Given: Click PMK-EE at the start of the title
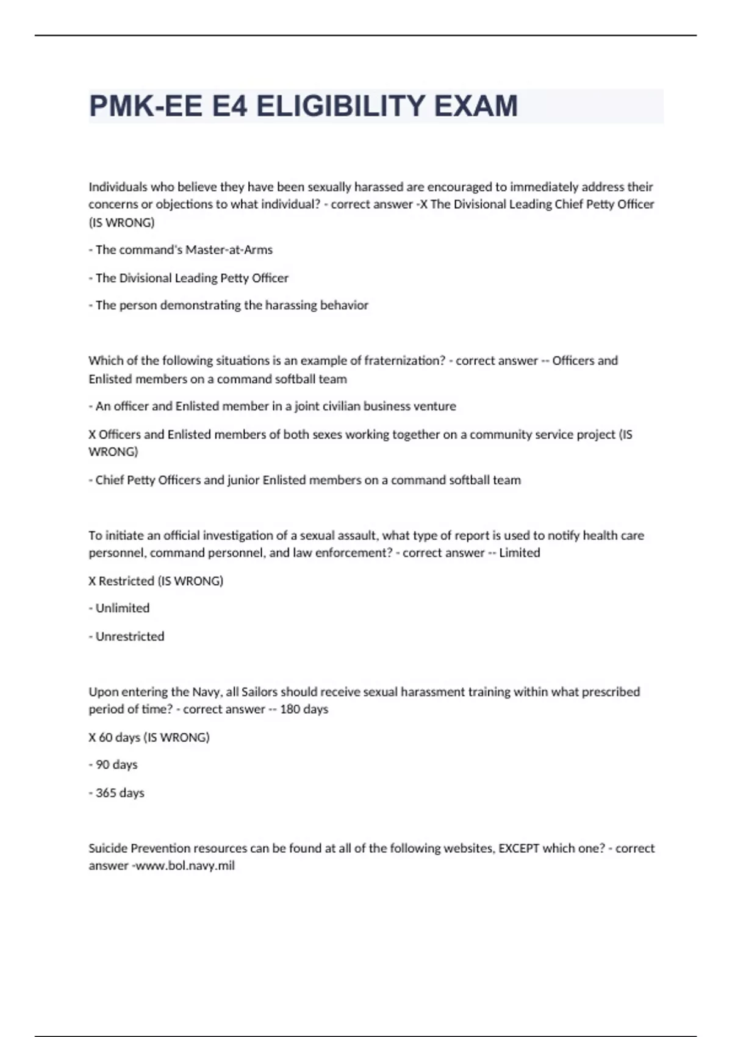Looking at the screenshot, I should pyautogui.click(x=145, y=106).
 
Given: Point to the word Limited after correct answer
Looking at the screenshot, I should pyautogui.click(x=519, y=553).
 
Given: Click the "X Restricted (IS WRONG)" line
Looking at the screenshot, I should pyautogui.click(x=156, y=581).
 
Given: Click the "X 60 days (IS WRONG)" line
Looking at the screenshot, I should pyautogui.click(x=149, y=737).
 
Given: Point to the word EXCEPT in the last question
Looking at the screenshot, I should pyautogui.click(x=518, y=848).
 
